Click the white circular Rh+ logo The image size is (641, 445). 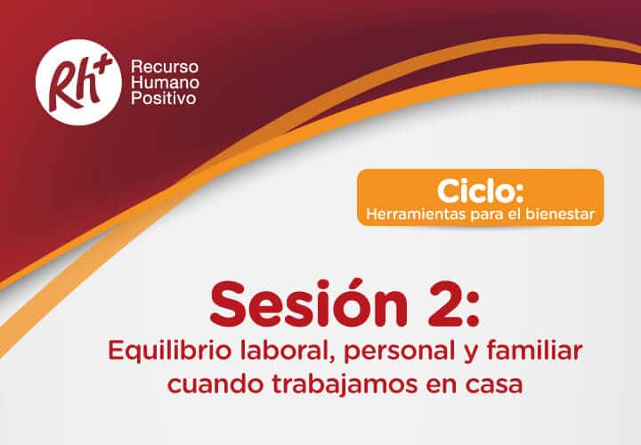click(78, 82)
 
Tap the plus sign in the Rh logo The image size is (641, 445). click(103, 62)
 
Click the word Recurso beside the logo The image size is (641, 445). click(165, 66)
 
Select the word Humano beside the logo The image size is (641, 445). click(166, 82)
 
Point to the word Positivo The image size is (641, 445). click(164, 99)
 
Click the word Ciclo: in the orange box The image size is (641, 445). click(481, 191)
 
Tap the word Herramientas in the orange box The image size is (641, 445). click(417, 214)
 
